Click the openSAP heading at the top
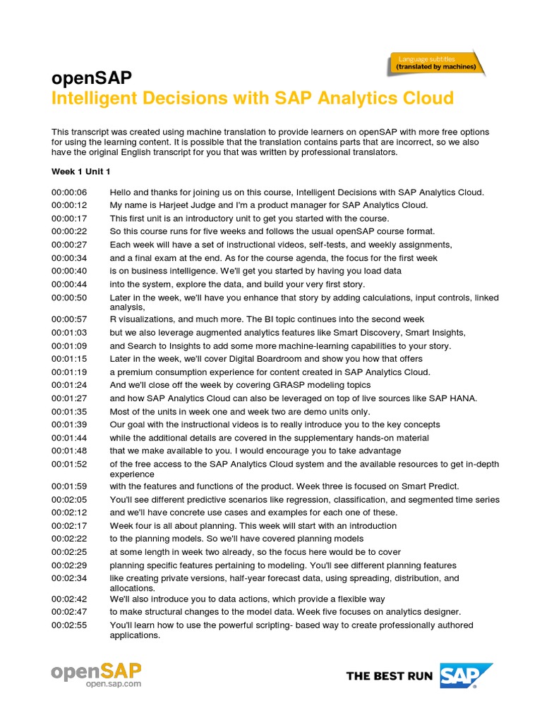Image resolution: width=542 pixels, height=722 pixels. tap(92, 78)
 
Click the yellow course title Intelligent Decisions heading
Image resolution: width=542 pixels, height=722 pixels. tap(253, 98)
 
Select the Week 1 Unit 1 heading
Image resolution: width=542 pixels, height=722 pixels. tap(81, 171)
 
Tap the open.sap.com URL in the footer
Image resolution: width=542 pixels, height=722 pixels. tap(113, 684)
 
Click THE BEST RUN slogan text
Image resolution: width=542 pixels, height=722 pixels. tap(390, 676)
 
